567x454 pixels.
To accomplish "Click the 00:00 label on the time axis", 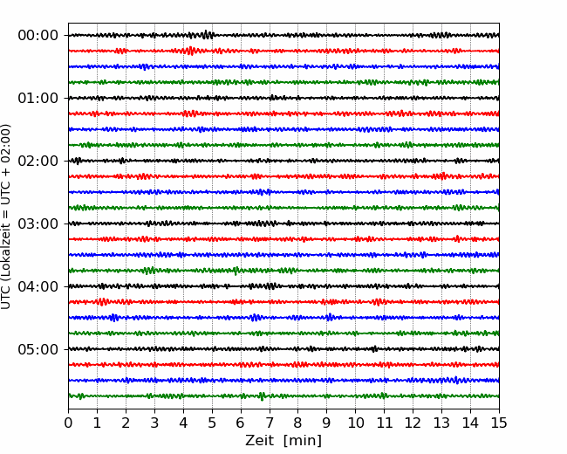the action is pos(38,36).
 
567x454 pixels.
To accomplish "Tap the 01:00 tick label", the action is pos(38,98).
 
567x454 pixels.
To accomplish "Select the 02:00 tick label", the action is pos(38,161).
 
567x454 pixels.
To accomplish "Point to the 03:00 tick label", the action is pos(38,224).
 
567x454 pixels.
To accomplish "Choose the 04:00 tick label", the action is pos(38,286).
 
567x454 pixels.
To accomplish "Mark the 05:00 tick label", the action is pos(38,349).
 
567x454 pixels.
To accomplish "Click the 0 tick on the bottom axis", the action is pos(68,423).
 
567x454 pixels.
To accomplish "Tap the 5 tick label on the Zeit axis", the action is pos(212,423).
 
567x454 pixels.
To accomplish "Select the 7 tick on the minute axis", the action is pos(270,423).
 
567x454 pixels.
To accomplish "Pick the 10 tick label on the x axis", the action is pos(355,423).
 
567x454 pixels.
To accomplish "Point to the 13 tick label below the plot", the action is pos(441,423).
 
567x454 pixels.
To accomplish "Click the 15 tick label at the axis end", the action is pos(499,423).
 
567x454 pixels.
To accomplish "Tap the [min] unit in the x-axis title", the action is pos(303,441).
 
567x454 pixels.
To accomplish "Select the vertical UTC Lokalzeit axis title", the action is pos(6,217).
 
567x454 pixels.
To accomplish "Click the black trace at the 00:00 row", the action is pos(283,35).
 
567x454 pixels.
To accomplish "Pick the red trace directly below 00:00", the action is pos(283,51).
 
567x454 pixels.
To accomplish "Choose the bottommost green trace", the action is pos(283,396).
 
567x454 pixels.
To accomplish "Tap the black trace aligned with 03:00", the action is pos(283,224).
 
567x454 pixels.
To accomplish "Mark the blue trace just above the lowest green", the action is pos(283,381).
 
